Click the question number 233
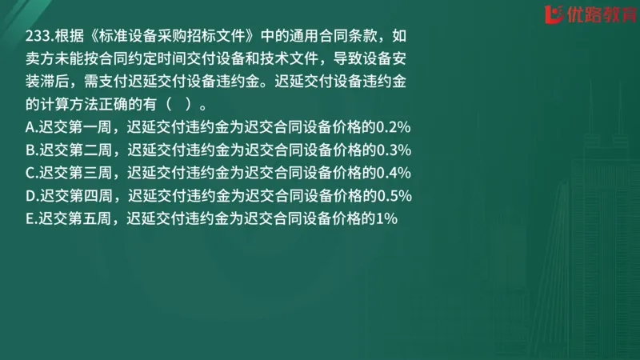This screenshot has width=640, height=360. (x=37, y=38)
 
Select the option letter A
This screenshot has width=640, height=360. (x=30, y=126)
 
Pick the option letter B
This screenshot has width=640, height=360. (x=30, y=150)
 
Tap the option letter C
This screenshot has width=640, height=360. (x=30, y=172)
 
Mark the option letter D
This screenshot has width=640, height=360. (x=30, y=195)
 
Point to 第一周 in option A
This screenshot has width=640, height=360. (x=88, y=126)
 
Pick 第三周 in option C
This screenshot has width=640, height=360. (x=88, y=172)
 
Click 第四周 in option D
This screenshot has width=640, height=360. (x=90, y=195)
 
